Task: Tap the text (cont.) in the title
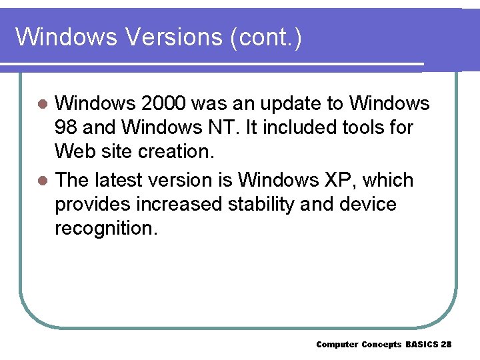pyautogui.click(x=265, y=37)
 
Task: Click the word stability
pyautogui.click(x=255, y=204)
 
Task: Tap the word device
pyautogui.click(x=365, y=204)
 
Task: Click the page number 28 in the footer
pyautogui.click(x=446, y=345)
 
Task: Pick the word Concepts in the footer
pyautogui.click(x=381, y=345)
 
